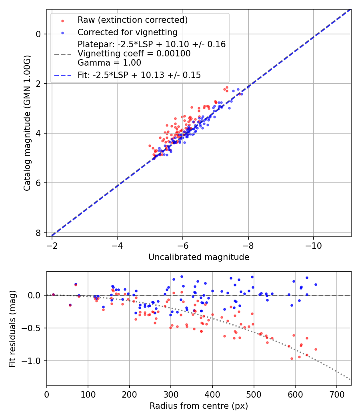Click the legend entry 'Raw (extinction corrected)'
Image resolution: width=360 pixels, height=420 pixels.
(132, 20)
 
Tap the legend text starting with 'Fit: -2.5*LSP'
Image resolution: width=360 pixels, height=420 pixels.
(139, 75)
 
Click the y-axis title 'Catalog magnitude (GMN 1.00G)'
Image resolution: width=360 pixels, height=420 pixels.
(27, 123)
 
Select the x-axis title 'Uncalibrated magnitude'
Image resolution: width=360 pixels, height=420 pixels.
(199, 257)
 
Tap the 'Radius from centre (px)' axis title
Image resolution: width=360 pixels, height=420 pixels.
(199, 406)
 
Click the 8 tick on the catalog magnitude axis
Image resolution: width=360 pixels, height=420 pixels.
(38, 233)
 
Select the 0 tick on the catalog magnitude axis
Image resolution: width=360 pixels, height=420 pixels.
(38, 34)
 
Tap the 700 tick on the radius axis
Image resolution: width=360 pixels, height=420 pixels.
(336, 394)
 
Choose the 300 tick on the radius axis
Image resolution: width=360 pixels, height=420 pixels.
(171, 394)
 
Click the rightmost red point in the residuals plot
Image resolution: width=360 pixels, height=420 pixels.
(316, 349)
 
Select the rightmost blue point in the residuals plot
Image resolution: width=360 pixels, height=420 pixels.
(316, 284)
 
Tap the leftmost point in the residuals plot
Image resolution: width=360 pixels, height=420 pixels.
(53, 294)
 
